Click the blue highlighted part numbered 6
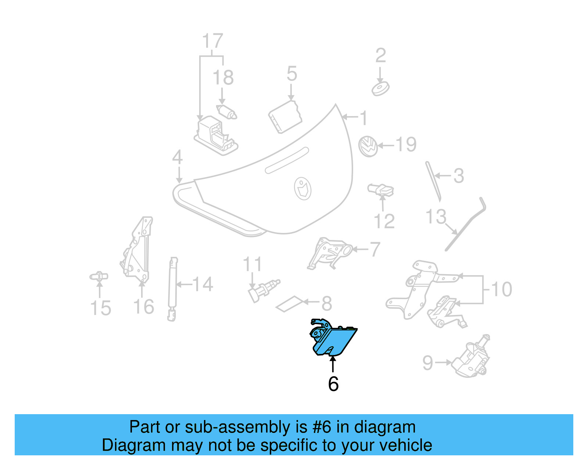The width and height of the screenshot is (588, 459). [x=333, y=340]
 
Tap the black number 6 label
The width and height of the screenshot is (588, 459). [x=333, y=384]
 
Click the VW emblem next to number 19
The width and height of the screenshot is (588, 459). [x=368, y=146]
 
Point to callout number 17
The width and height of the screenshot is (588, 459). [x=212, y=41]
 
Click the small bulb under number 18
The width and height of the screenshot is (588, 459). [x=227, y=111]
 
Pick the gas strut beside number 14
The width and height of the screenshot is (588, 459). [x=172, y=289]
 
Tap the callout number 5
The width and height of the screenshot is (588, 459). [x=291, y=74]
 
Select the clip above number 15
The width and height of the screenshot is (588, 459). [x=99, y=276]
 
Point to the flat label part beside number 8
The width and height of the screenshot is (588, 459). [x=290, y=304]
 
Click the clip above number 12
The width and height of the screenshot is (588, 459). [x=381, y=190]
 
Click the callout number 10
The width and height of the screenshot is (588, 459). [x=501, y=289]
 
